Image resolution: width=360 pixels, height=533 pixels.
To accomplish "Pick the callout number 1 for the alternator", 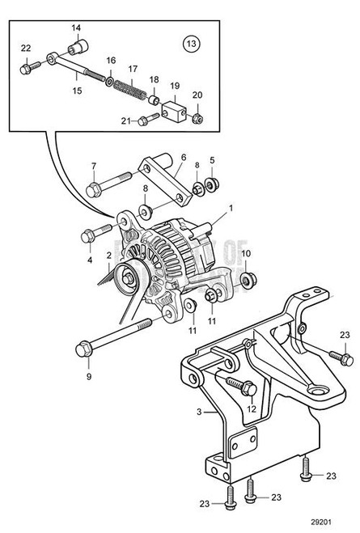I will (x=231, y=207).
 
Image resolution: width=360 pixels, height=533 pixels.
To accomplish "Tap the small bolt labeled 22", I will (x=27, y=64).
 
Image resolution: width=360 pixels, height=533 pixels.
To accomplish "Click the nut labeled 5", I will (x=212, y=185).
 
